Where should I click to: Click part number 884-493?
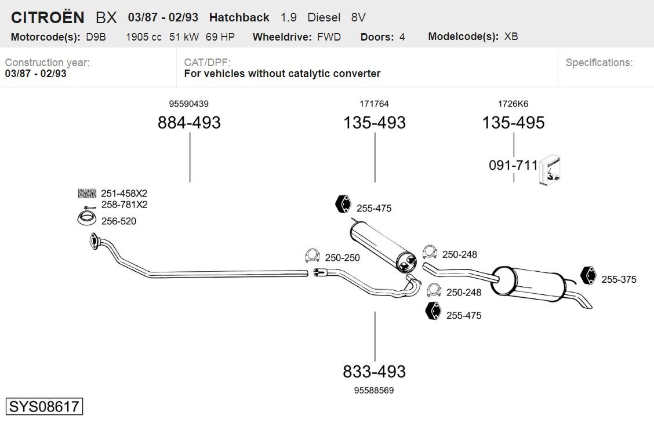click(x=189, y=122)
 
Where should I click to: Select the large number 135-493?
click(x=375, y=122)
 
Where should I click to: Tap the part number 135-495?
click(x=514, y=122)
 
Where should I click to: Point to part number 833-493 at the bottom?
click(x=374, y=371)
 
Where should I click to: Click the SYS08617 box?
click(x=44, y=406)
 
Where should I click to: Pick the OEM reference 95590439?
click(x=189, y=104)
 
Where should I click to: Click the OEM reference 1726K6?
click(x=513, y=104)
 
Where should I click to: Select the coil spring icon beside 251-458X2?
click(x=87, y=193)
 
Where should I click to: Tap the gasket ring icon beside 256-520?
click(x=87, y=219)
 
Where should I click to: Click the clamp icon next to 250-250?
click(x=313, y=256)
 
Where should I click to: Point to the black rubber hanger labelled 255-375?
click(x=588, y=275)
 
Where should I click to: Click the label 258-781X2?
click(x=124, y=205)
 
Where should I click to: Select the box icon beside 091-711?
click(x=550, y=170)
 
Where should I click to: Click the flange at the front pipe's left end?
click(x=95, y=242)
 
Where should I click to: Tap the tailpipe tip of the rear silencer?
click(x=587, y=305)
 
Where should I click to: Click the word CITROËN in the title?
click(x=48, y=17)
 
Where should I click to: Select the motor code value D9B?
click(x=96, y=37)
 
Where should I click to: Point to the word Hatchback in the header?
click(x=239, y=17)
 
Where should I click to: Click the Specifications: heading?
click(x=599, y=63)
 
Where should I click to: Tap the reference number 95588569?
click(x=374, y=391)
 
